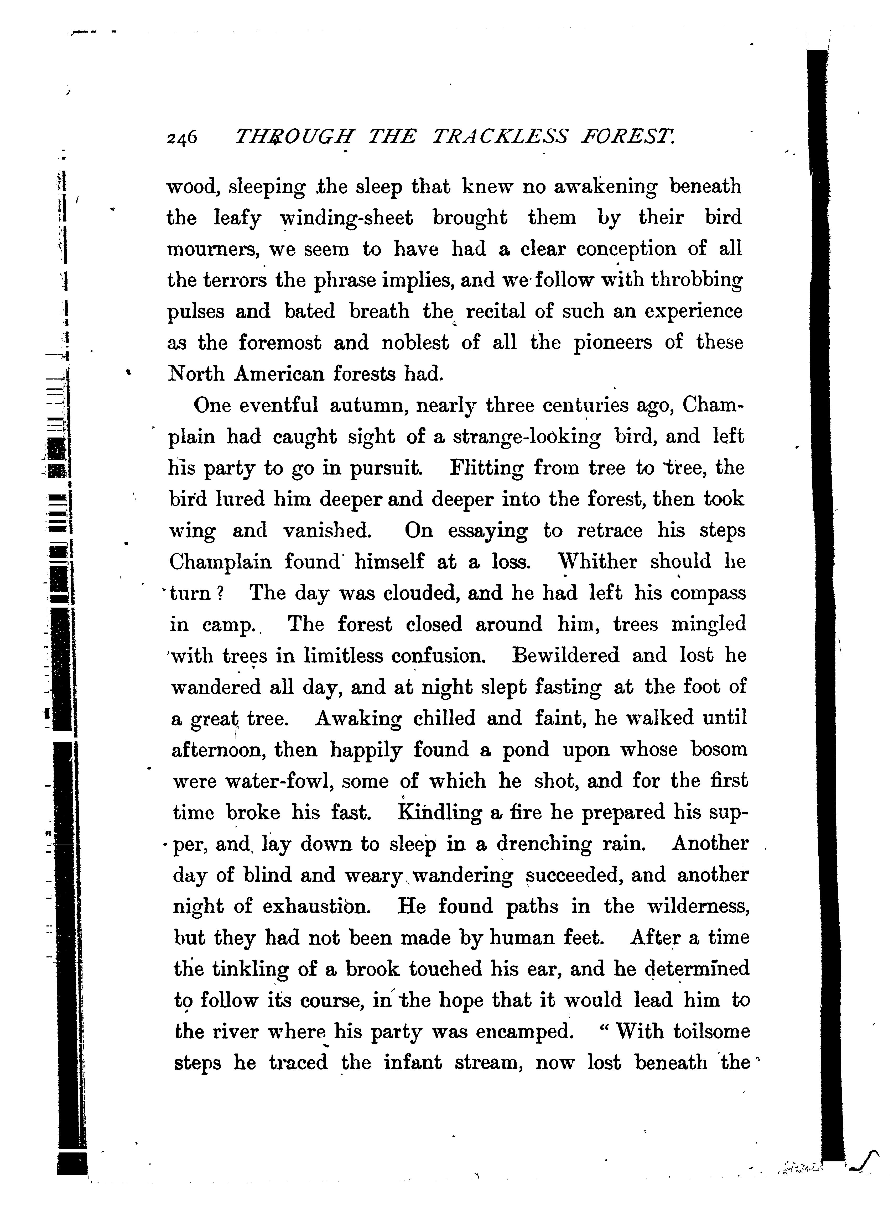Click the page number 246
(x=182, y=138)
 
